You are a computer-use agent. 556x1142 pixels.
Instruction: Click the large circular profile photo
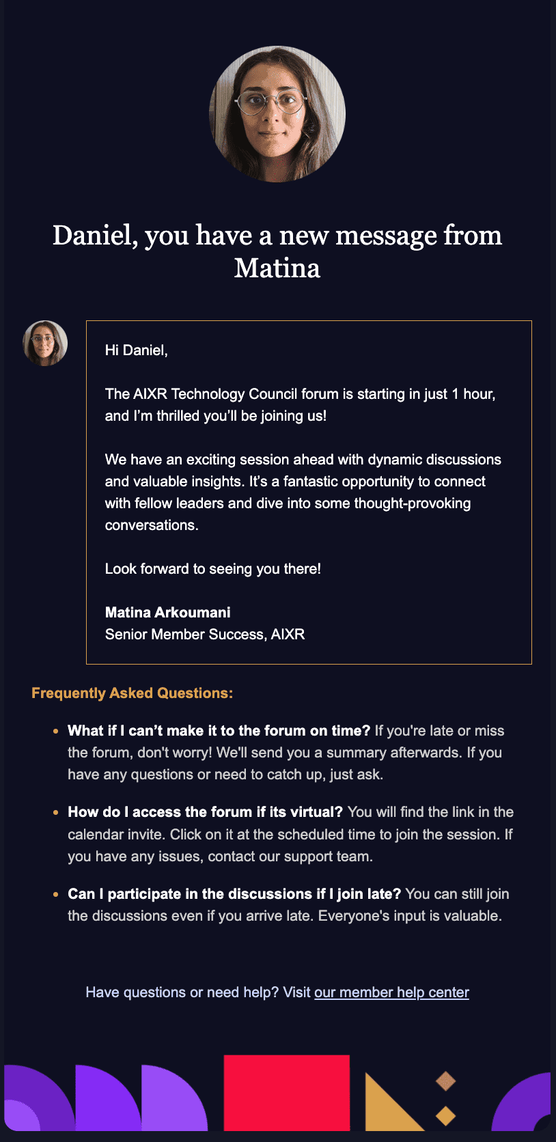pyautogui.click(x=277, y=114)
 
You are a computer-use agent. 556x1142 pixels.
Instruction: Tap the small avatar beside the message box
pyautogui.click(x=45, y=343)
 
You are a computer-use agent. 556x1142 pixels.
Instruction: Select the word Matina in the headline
pyautogui.click(x=277, y=268)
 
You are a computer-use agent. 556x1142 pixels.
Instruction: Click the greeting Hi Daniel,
pyautogui.click(x=136, y=350)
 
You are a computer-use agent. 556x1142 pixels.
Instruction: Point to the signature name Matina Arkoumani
pyautogui.click(x=167, y=613)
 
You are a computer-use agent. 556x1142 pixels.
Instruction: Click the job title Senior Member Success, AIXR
pyautogui.click(x=204, y=635)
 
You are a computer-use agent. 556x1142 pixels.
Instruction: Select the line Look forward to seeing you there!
pyautogui.click(x=212, y=569)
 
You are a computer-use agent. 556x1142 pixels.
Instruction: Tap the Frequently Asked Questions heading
pyautogui.click(x=132, y=693)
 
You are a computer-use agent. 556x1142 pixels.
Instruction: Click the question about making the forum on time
pyautogui.click(x=219, y=731)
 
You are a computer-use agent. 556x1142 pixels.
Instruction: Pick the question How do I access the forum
pyautogui.click(x=205, y=812)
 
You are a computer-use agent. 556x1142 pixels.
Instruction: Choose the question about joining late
pyautogui.click(x=234, y=894)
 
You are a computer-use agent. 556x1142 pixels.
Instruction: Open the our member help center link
pyautogui.click(x=391, y=992)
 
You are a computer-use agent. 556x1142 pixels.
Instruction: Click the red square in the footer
pyautogui.click(x=286, y=1092)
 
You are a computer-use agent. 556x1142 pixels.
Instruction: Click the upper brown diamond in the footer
pyautogui.click(x=445, y=1081)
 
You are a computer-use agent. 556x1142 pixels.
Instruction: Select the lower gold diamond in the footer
pyautogui.click(x=445, y=1116)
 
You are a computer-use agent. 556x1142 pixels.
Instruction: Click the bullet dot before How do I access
pyautogui.click(x=55, y=813)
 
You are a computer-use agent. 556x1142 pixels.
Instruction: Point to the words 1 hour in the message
pyautogui.click(x=473, y=394)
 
